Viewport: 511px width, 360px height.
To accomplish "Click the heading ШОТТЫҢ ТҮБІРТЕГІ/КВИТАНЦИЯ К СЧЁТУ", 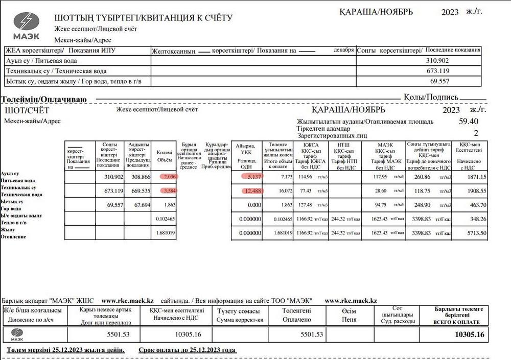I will coord(143,18).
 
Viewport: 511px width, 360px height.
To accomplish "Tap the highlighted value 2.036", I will coord(168,177).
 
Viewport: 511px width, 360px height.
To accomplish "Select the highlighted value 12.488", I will coord(252,191).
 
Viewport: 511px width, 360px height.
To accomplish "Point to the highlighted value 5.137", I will coord(253,177).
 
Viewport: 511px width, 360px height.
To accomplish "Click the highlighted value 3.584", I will coord(168,191).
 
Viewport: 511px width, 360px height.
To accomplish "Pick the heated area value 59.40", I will coord(469,122).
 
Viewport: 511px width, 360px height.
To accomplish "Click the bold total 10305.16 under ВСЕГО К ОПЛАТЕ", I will coord(469,334).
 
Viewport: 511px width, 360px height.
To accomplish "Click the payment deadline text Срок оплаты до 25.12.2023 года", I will coord(187,350).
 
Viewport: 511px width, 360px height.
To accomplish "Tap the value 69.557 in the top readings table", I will coord(439,81).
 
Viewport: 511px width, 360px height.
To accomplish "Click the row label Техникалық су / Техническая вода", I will coord(56,71).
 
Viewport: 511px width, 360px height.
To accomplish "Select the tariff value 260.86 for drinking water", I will coord(424,177).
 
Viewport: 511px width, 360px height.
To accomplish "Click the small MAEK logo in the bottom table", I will coord(18,334).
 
